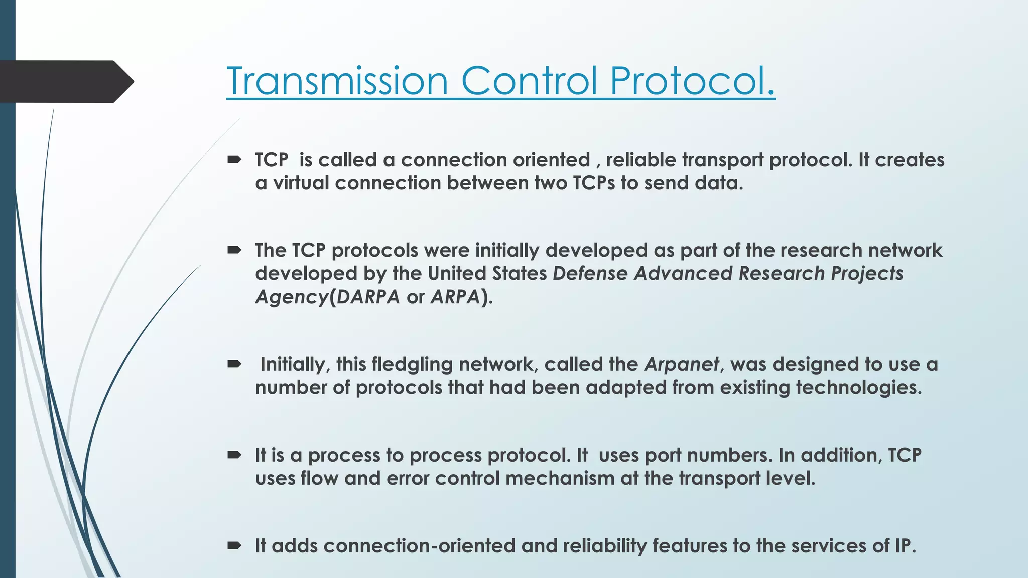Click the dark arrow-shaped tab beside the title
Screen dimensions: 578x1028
tap(65, 81)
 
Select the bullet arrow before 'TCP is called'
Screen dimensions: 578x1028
tap(234, 160)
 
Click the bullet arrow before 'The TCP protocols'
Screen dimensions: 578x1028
tap(234, 250)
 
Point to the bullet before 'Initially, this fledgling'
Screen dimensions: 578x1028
tap(234, 364)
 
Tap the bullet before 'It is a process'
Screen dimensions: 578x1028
tap(234, 455)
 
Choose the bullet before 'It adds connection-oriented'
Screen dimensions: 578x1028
tap(234, 546)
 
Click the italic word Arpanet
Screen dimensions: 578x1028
tap(682, 364)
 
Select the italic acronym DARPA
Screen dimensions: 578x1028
tap(368, 297)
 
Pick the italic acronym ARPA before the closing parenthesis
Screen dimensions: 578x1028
tap(455, 297)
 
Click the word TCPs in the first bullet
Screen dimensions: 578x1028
tap(594, 183)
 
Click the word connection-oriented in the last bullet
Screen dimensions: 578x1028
tap(419, 546)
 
